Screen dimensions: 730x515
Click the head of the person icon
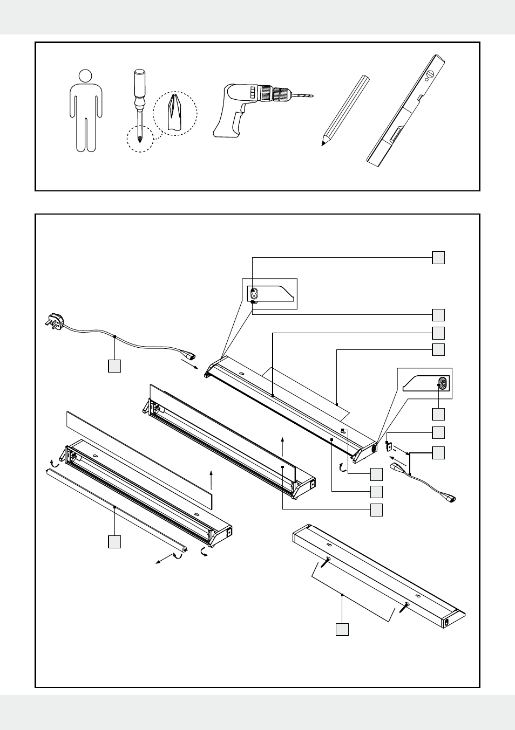pos(85,76)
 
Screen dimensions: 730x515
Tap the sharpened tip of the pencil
pos(324,143)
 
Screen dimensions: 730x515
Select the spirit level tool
pos(406,110)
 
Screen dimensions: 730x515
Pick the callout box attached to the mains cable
pos(114,366)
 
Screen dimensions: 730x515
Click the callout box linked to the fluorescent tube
pos(114,542)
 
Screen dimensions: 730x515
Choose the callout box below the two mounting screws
pos(342,629)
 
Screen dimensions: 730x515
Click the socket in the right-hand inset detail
pos(443,383)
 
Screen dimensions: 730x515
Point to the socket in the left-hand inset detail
pos(254,294)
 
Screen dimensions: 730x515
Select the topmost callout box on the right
pos(438,258)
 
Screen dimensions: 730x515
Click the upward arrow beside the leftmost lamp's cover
pos(212,480)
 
